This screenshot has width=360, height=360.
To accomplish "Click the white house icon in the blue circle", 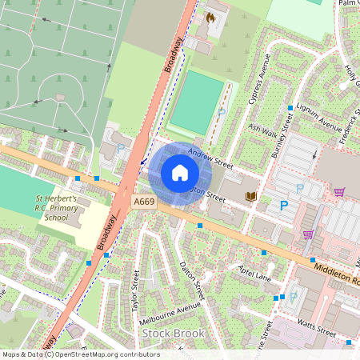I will pyautogui.click(x=180, y=173).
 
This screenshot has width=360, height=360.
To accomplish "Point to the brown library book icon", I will pyautogui.click(x=250, y=196).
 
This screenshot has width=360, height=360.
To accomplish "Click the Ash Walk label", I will pyautogui.click(x=262, y=128).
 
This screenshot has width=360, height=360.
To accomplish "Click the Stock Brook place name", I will pyautogui.click(x=173, y=333).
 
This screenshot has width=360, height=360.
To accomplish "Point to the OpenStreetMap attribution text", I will pyautogui.click(x=80, y=354).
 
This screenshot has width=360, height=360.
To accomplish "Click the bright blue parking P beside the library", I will pyautogui.click(x=284, y=206).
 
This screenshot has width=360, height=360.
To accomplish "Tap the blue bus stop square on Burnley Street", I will pyautogui.click(x=290, y=107).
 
